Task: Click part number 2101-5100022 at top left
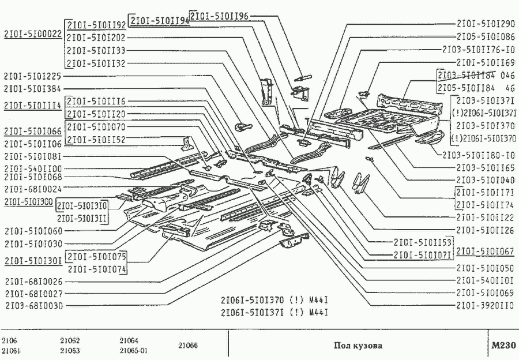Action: tap(32, 34)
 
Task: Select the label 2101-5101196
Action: tap(220, 16)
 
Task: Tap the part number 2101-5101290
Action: tap(485, 25)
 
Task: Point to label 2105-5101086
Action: tap(485, 37)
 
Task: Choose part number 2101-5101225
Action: tap(32, 76)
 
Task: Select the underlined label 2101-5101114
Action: tap(32, 106)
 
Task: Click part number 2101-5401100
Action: tap(32, 168)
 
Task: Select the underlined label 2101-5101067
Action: tap(485, 251)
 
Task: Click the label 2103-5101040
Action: tap(485, 180)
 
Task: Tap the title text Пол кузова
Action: tap(358, 346)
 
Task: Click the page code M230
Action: tap(503, 346)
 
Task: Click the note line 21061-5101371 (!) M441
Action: tap(274, 312)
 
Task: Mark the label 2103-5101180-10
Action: tap(479, 155)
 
